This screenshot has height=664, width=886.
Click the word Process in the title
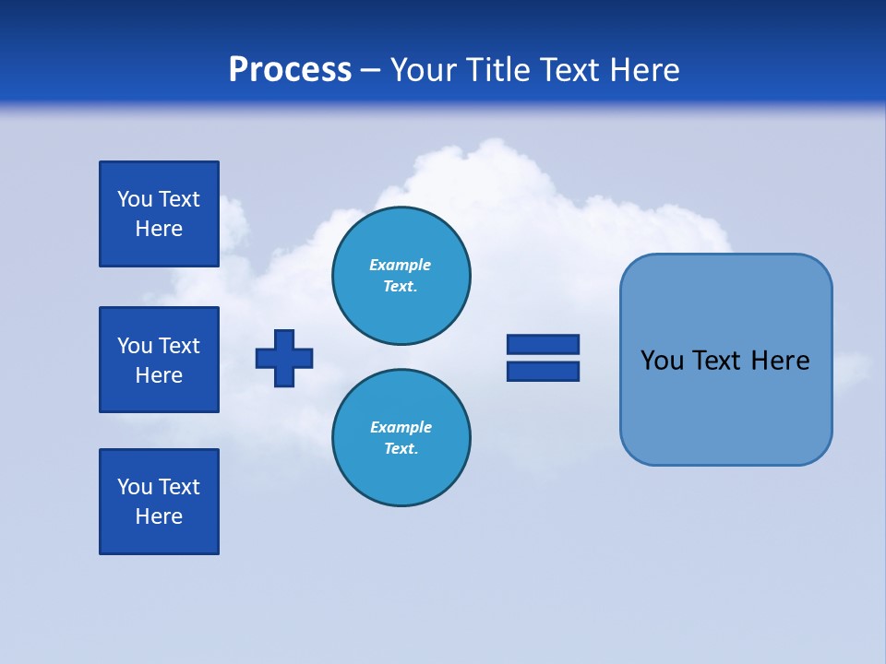[x=290, y=70]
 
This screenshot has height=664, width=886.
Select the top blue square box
[x=159, y=214]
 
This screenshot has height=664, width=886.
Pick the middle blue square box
[x=159, y=360]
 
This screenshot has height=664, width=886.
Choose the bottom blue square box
[x=159, y=502]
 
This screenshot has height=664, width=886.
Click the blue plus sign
[x=284, y=358]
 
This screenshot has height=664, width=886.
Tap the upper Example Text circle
[x=401, y=276]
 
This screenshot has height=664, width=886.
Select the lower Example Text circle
[x=401, y=438]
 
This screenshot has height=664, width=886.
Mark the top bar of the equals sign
[x=543, y=344]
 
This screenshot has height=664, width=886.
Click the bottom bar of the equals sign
[x=543, y=371]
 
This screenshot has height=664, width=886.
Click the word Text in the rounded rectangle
[x=717, y=361]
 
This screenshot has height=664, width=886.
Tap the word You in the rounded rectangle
[x=662, y=361]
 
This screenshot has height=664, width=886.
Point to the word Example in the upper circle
[x=401, y=265]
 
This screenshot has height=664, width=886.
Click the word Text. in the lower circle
[x=401, y=449]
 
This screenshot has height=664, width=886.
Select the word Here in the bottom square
[x=159, y=516]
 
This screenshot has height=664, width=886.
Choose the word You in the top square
[x=135, y=199]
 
